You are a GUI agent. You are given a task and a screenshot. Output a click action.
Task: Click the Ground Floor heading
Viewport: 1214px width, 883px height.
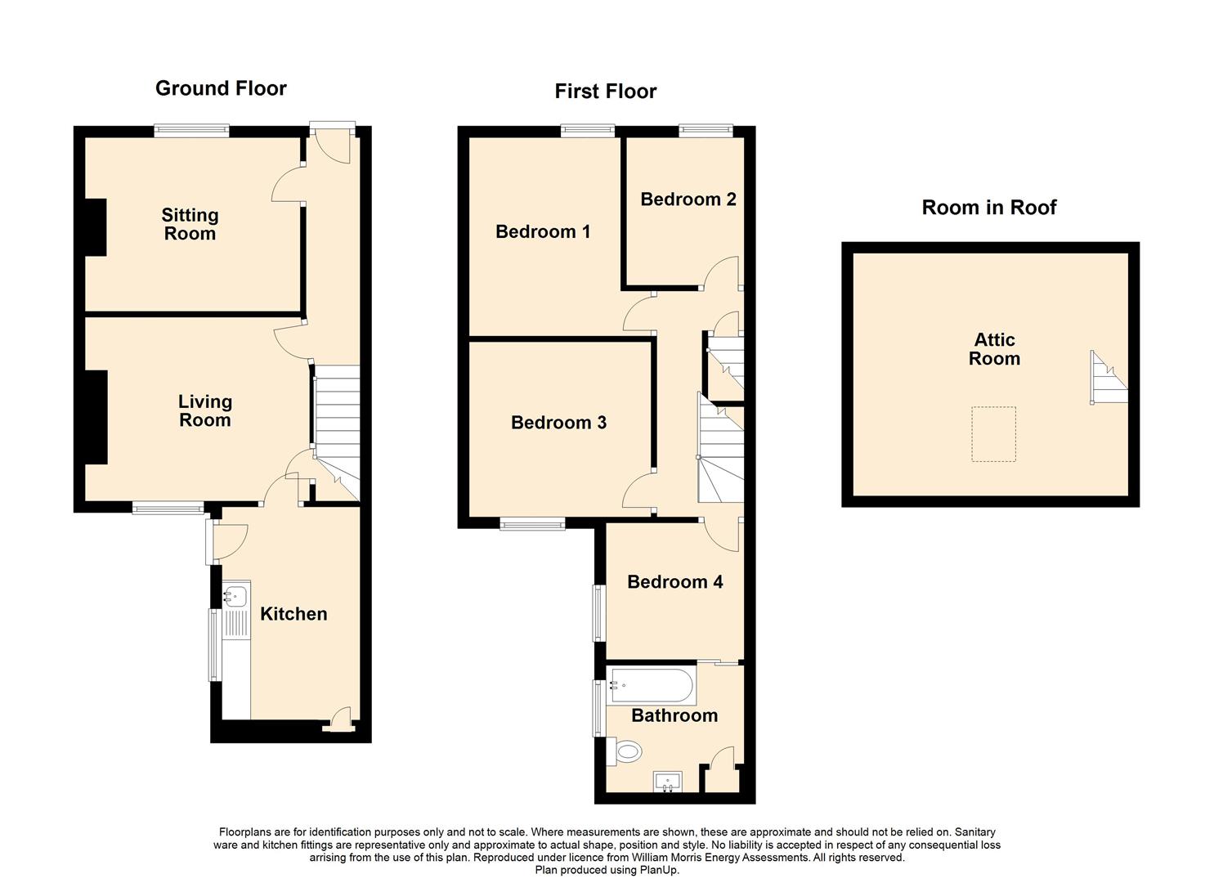(221, 88)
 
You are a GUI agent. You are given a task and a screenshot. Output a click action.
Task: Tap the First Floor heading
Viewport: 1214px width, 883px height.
(606, 91)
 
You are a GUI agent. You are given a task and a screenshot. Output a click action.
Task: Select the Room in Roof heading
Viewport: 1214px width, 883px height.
(989, 207)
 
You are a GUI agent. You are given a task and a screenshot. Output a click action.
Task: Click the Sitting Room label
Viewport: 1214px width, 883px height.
(190, 224)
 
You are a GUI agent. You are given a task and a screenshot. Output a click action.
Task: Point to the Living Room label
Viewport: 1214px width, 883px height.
(205, 410)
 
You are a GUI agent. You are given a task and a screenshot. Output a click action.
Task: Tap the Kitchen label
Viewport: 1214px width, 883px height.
(293, 613)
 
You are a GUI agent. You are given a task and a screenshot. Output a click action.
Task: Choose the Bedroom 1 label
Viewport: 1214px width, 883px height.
(543, 231)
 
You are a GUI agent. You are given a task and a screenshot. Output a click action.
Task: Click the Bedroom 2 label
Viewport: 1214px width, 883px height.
(688, 199)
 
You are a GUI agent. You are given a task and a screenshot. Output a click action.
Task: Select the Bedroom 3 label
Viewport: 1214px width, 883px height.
(558, 422)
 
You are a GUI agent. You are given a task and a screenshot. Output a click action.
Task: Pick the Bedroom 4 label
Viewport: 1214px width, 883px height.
(674, 581)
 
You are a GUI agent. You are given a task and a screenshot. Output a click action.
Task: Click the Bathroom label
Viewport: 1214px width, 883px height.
(674, 715)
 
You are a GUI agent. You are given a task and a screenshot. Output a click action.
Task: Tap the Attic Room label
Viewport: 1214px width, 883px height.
(995, 348)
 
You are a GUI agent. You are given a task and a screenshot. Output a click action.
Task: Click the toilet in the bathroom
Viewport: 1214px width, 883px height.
(625, 751)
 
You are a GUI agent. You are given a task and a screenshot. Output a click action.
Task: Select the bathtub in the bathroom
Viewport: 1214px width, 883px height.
(651, 686)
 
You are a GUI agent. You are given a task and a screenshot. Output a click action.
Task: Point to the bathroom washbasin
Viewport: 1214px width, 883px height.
(668, 781)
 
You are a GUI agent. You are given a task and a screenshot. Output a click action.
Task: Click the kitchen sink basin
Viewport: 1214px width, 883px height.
(235, 595)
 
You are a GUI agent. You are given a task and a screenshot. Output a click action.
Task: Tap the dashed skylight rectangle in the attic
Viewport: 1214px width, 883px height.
(993, 434)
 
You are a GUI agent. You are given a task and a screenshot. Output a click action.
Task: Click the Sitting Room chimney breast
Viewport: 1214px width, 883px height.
(96, 227)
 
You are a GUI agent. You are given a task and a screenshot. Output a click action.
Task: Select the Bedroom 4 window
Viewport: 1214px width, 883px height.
(599, 612)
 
